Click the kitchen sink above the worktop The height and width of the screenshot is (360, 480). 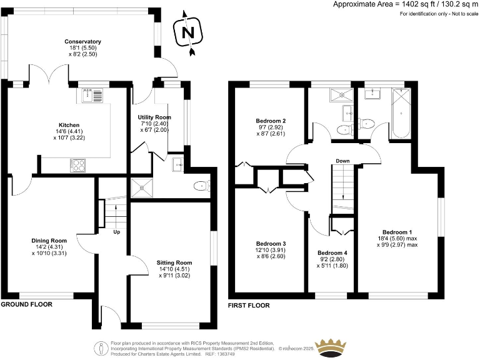pyautogui.click(x=92, y=96)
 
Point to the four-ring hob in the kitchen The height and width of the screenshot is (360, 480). pyautogui.click(x=79, y=165)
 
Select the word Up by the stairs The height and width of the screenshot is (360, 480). pyautogui.click(x=116, y=232)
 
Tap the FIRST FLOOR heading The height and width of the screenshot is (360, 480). pyautogui.click(x=249, y=306)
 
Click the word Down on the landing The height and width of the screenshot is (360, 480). pyautogui.click(x=342, y=161)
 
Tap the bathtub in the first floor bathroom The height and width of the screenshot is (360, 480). pyautogui.click(x=398, y=112)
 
